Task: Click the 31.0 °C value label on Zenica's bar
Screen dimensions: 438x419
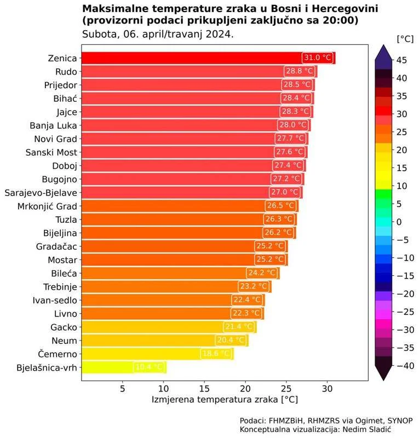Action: click(318, 58)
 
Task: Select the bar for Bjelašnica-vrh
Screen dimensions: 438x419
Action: click(124, 367)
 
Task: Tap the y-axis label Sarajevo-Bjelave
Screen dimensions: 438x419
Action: click(41, 193)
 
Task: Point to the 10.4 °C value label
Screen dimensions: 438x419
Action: click(148, 367)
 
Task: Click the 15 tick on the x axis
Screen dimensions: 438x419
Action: click(204, 388)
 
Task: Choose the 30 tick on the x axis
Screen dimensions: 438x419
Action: click(327, 388)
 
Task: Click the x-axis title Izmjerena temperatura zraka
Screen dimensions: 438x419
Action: click(225, 400)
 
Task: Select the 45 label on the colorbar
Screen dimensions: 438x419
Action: click(401, 60)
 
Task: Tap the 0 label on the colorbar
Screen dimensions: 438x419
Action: click(399, 222)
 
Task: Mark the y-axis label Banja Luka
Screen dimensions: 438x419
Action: click(54, 125)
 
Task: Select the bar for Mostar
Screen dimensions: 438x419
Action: click(183, 260)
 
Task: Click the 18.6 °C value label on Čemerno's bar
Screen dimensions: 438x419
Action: click(217, 354)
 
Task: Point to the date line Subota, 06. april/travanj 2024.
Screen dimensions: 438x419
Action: click(158, 34)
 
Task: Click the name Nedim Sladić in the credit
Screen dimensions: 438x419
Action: click(367, 430)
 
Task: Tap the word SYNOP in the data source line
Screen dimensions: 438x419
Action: click(399, 420)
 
